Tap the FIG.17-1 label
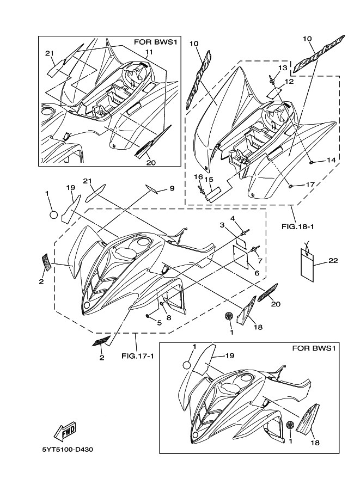pos(136,357)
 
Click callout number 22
pos(333,261)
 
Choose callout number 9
pos(172,188)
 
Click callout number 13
pos(282,67)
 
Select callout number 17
pos(310,185)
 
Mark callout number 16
pos(200,177)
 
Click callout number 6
pos(257,273)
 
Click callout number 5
pos(159,323)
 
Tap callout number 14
pos(331,160)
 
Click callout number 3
pos(222,225)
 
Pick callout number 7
pos(260,260)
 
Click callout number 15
pos(209,179)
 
